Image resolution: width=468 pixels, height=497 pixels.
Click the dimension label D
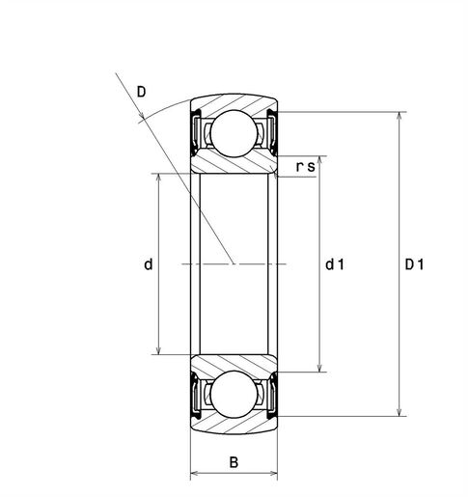[x=142, y=92]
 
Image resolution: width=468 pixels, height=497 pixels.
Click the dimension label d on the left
[x=148, y=263]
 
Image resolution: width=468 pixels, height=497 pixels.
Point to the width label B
[x=234, y=461]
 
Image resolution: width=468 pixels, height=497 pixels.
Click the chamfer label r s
[x=305, y=167]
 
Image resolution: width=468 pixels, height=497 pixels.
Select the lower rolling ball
[x=234, y=395]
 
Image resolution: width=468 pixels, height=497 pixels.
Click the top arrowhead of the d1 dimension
[x=319, y=157]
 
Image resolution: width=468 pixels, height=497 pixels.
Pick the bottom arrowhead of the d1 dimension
[x=319, y=368]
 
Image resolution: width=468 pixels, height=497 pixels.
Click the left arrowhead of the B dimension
[x=195, y=474]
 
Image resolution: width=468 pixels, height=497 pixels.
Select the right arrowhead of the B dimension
[x=273, y=474]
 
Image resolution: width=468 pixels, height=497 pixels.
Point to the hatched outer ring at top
[x=234, y=103]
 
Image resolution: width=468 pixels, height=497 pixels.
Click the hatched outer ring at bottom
[x=234, y=422]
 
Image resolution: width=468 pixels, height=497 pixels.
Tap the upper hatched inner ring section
[x=234, y=163]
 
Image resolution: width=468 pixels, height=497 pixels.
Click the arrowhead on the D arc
[x=144, y=119]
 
